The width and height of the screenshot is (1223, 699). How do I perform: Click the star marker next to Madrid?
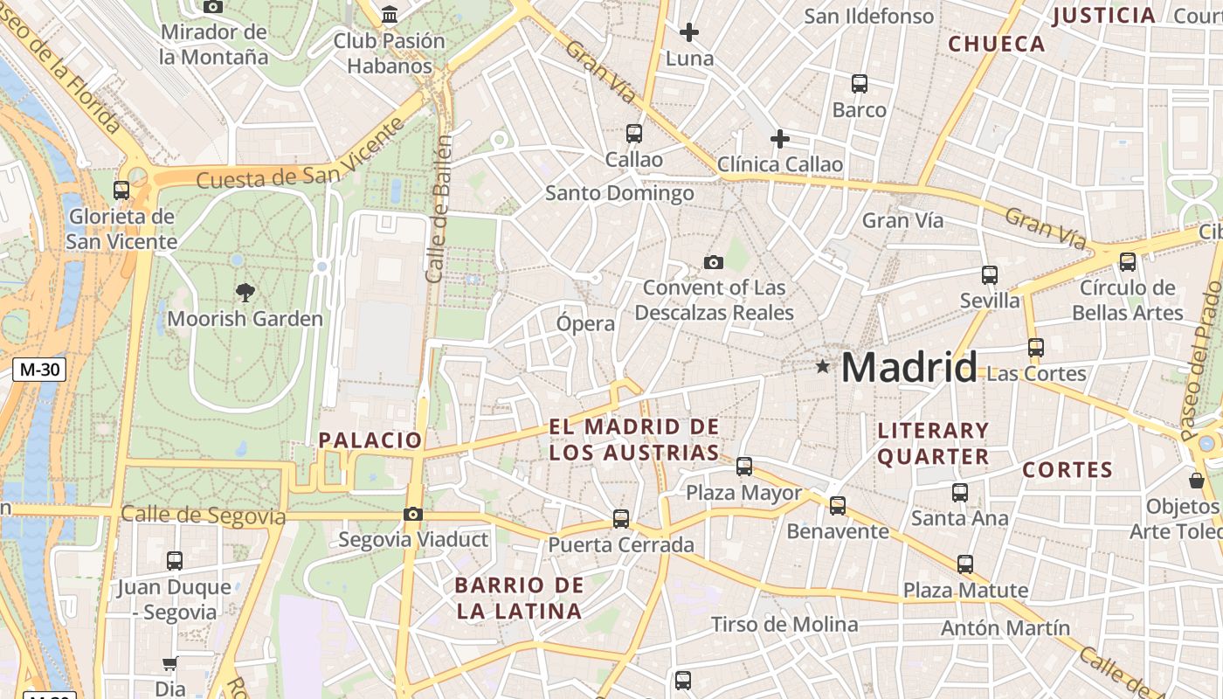(x=822, y=366)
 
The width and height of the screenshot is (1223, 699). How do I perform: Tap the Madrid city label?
(x=909, y=367)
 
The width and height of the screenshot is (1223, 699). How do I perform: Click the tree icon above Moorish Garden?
(x=245, y=293)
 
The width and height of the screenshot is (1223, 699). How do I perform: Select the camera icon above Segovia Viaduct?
(x=413, y=515)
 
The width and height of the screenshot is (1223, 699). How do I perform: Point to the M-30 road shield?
(x=39, y=370)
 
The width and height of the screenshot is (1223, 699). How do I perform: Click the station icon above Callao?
(x=634, y=134)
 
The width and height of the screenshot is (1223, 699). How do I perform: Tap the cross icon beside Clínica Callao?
(x=780, y=139)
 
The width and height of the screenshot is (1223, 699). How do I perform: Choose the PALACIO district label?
(x=370, y=440)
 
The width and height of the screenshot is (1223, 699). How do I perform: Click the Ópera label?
(x=586, y=323)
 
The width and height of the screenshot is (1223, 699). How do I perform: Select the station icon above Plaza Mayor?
(x=744, y=467)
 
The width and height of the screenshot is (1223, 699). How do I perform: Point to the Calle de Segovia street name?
(x=203, y=516)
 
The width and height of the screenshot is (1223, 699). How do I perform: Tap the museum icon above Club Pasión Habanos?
(x=390, y=15)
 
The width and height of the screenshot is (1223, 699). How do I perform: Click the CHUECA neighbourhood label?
(x=997, y=44)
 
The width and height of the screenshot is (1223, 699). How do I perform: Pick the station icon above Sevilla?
(x=990, y=275)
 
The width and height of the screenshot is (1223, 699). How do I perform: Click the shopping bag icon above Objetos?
(x=1197, y=481)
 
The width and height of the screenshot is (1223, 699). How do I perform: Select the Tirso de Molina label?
(x=784, y=624)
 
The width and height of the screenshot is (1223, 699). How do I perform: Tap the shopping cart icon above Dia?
(x=169, y=664)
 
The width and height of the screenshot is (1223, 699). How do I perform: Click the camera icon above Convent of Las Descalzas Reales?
(x=714, y=262)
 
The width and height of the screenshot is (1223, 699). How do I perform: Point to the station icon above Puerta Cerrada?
(x=621, y=519)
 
